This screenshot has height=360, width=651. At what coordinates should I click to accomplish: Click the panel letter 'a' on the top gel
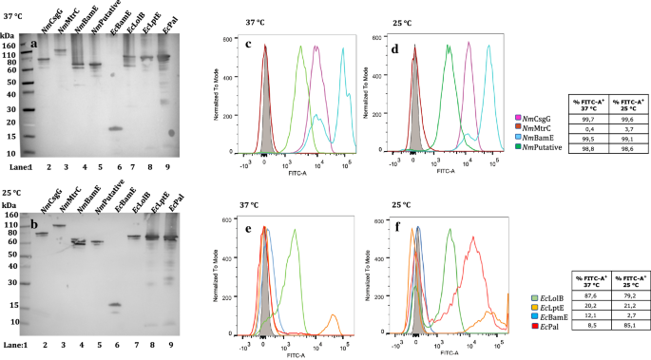pos(35,44)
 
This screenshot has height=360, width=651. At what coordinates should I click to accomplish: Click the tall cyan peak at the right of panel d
pos(489,57)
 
